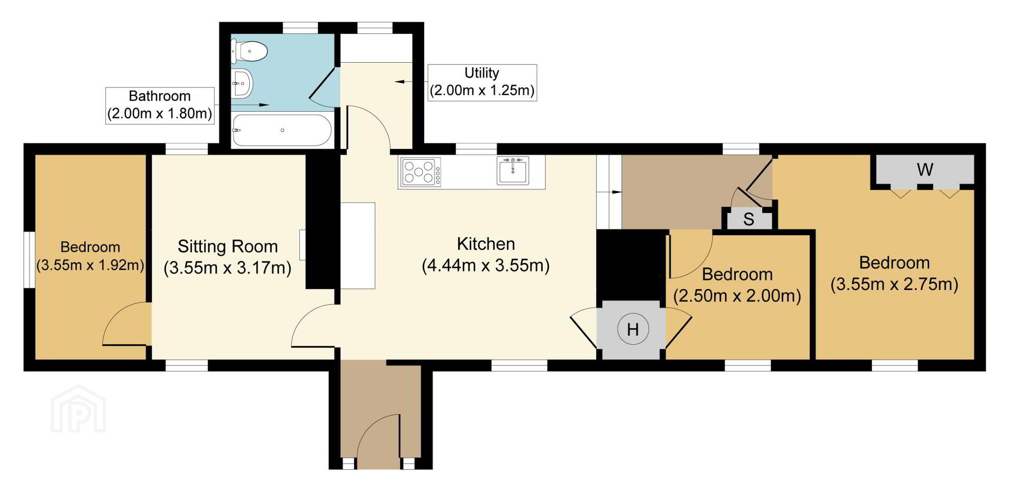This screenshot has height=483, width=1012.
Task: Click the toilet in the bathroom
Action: (x=249, y=51)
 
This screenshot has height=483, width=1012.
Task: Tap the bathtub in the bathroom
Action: (x=282, y=130)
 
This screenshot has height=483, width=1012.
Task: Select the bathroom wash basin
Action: (x=242, y=83)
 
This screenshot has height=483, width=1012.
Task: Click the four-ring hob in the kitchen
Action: (x=421, y=172)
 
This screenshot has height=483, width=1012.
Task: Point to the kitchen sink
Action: (x=512, y=170)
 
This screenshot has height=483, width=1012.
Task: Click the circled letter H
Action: (x=632, y=330)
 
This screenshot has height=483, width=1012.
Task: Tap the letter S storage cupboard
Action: (x=748, y=219)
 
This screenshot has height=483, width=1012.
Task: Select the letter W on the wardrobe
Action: (x=925, y=170)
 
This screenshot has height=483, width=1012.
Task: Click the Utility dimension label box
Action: (x=482, y=82)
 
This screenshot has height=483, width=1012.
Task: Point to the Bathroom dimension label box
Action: (x=160, y=105)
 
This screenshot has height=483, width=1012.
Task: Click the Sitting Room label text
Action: (x=228, y=246)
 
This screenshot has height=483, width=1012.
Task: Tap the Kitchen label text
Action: (x=486, y=244)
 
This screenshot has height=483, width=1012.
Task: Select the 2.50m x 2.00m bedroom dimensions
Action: (x=737, y=296)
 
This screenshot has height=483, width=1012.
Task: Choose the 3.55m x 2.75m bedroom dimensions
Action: (x=894, y=284)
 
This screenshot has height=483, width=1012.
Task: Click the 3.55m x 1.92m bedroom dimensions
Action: (x=90, y=265)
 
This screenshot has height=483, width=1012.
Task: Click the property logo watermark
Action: (x=78, y=409)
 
